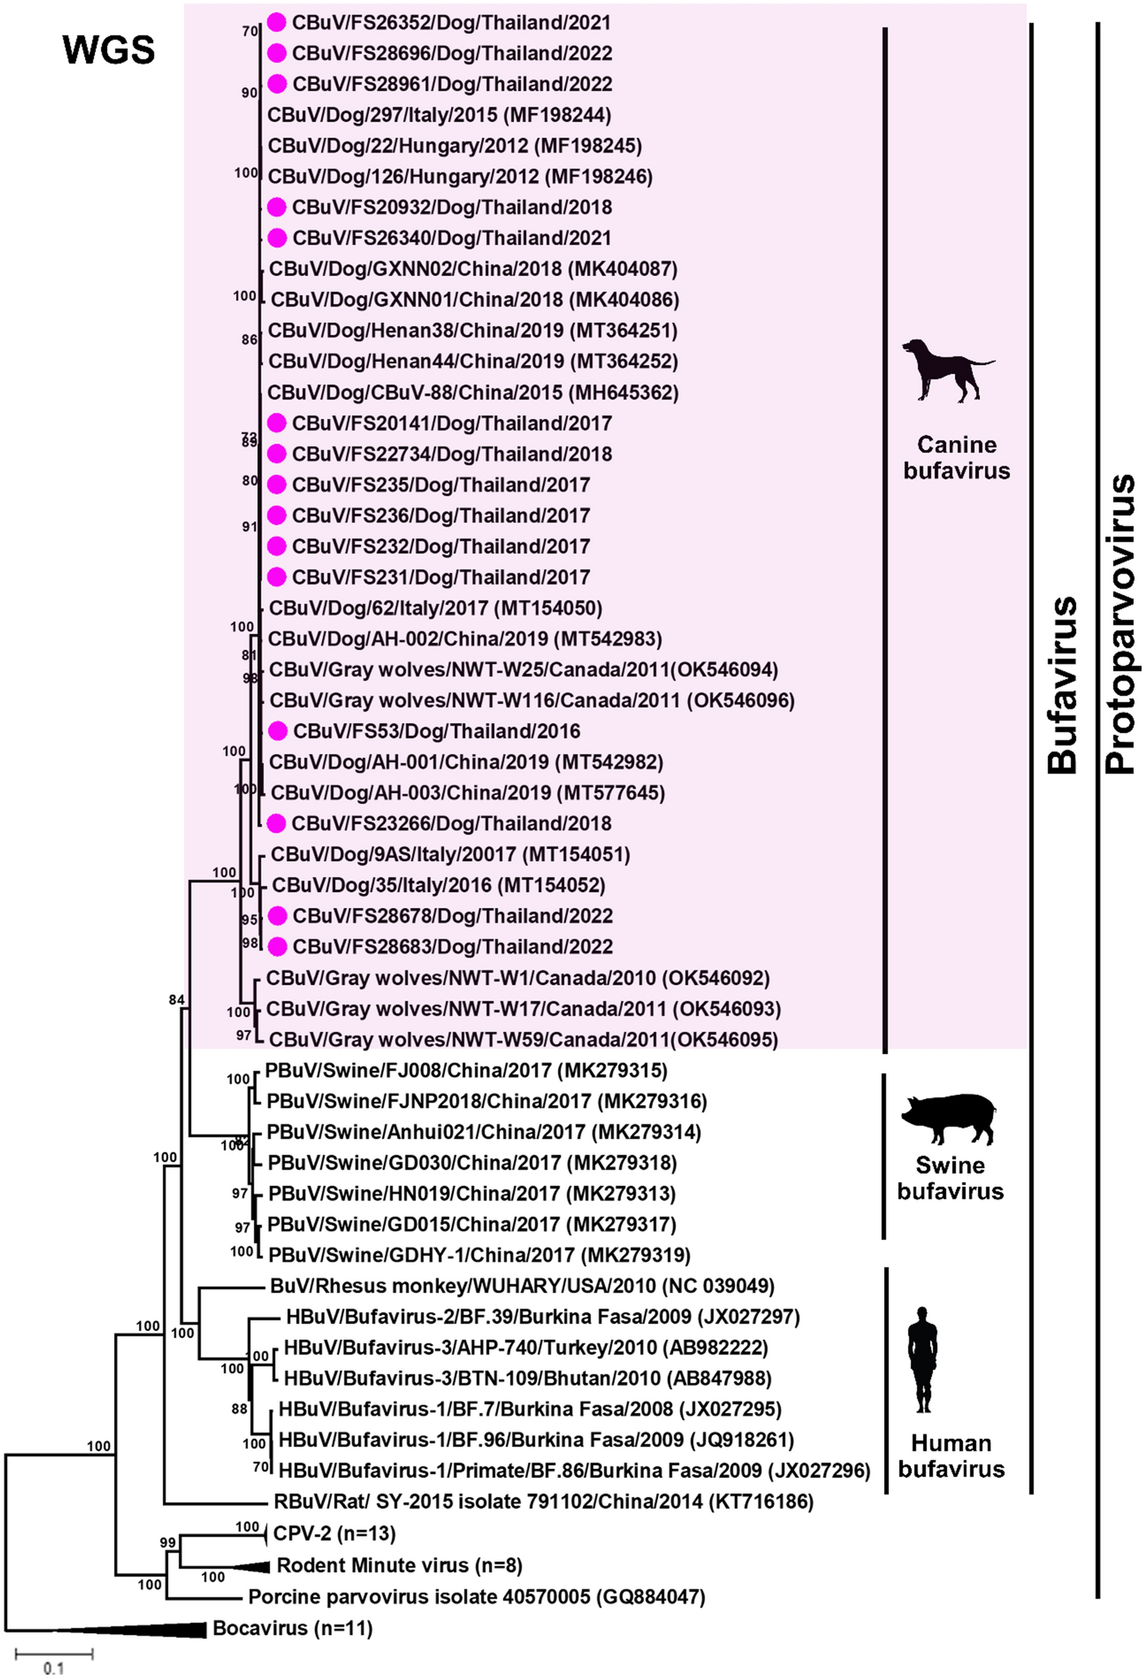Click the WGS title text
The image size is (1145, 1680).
[109, 50]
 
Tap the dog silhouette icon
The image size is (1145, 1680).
[948, 370]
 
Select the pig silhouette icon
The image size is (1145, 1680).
[949, 1118]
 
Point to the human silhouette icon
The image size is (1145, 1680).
[923, 1359]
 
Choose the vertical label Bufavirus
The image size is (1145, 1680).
[1062, 685]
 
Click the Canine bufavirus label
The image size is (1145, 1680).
[956, 457]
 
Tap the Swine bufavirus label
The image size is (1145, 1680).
[950, 1178]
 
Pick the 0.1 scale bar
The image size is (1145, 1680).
[54, 1655]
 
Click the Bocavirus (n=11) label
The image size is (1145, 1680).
[292, 1628]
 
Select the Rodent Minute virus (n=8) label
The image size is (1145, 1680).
[399, 1565]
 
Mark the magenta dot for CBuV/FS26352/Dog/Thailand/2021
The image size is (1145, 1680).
[277, 23]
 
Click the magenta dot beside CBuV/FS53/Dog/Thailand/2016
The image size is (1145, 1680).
[278, 731]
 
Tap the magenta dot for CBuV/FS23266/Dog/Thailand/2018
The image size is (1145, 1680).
[277, 824]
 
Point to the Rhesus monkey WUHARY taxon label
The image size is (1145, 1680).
[522, 1286]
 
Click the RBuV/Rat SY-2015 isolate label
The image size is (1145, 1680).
[543, 1502]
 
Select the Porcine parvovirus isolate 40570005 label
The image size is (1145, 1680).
[477, 1597]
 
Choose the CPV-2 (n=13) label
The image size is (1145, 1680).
[334, 1533]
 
